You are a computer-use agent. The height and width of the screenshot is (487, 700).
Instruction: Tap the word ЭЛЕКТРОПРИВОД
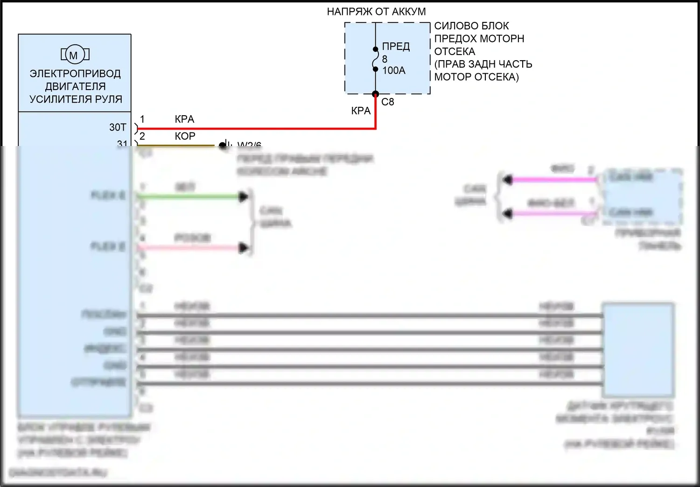point(75,74)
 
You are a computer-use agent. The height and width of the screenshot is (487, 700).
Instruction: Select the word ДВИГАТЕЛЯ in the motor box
point(75,86)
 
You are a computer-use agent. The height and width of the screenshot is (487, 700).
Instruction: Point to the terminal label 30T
point(118,127)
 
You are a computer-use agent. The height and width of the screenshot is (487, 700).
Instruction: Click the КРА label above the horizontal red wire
point(184,119)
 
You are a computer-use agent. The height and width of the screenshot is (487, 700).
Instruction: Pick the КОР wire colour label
point(185,136)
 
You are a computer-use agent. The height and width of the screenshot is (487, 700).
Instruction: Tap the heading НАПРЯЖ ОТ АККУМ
point(376,12)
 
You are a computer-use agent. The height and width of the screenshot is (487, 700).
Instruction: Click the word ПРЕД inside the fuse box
point(396,47)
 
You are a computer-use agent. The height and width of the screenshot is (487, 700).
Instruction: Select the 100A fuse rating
point(394,70)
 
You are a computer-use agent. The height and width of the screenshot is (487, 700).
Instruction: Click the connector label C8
point(387,102)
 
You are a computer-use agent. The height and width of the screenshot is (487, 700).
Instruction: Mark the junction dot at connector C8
point(375,94)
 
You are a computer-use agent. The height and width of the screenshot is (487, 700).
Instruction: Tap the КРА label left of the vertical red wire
point(361,111)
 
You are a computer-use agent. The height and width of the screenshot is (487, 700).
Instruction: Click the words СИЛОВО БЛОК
point(471,26)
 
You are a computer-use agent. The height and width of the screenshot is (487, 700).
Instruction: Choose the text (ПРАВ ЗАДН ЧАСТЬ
point(483,64)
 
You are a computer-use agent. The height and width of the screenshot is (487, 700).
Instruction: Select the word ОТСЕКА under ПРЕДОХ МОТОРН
point(455,52)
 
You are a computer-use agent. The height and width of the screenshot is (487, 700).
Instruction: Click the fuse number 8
point(385,59)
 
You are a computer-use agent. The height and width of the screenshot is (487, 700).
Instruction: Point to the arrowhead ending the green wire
point(243,197)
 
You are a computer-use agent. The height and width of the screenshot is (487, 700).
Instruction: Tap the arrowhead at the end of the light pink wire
point(243,248)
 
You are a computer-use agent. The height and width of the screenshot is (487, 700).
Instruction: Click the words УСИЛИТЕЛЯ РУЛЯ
point(76,99)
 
